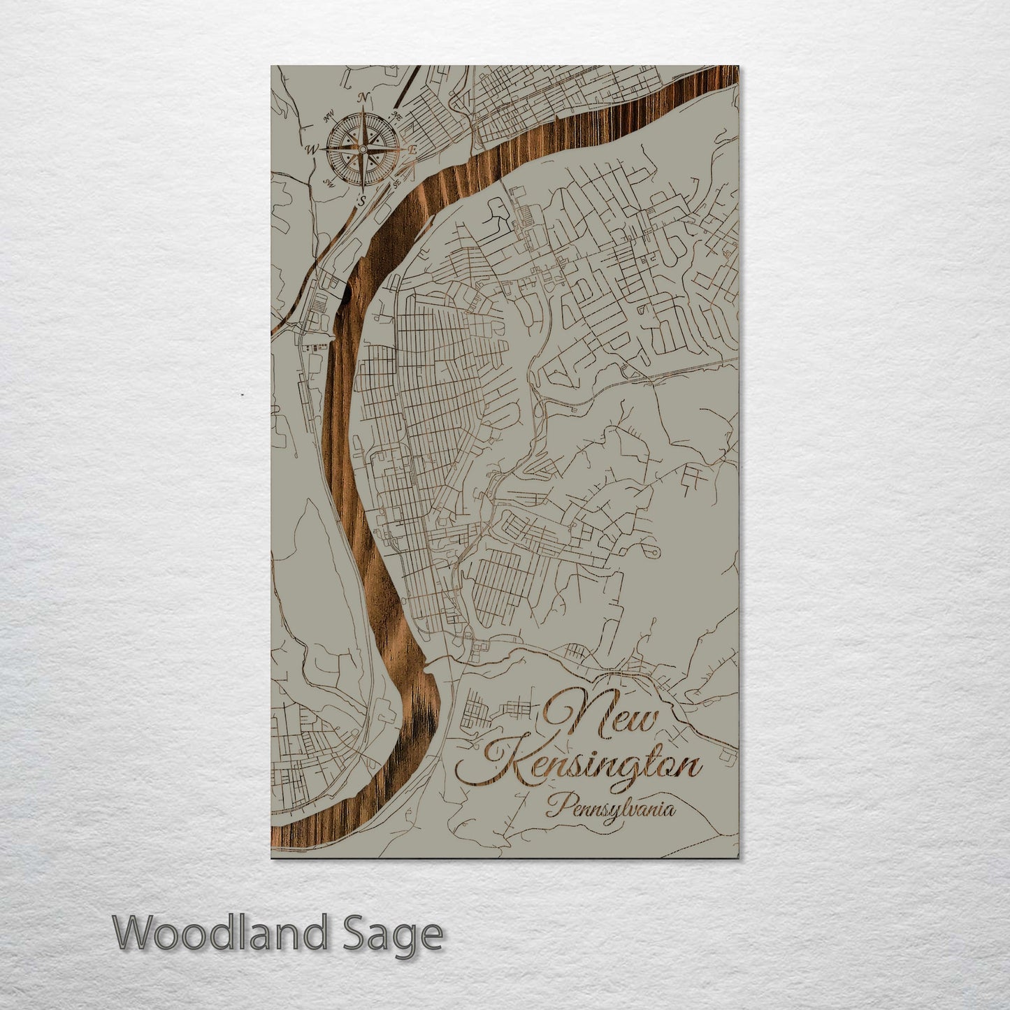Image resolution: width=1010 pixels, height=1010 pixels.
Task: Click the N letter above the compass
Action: click(363, 98)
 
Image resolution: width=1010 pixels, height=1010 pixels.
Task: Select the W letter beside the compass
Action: click(312, 149)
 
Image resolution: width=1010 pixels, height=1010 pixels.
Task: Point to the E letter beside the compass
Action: click(412, 149)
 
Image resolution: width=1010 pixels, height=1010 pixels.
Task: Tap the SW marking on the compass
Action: click(329, 182)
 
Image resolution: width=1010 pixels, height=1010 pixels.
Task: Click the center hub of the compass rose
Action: click(362, 149)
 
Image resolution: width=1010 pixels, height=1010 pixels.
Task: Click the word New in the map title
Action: click(601, 717)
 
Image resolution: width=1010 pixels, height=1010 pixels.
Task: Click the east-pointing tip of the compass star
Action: click(401, 149)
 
